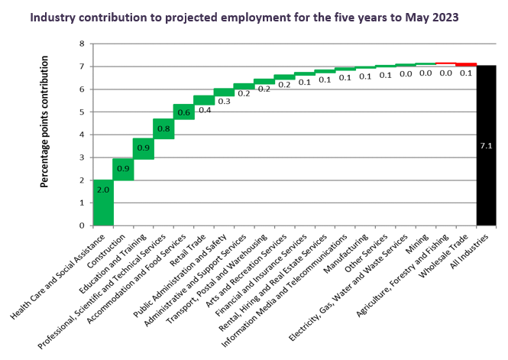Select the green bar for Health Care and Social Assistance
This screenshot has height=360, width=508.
[102, 203]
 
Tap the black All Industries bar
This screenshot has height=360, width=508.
[487, 145]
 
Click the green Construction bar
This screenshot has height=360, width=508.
[123, 169]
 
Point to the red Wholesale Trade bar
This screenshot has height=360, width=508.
[466, 65]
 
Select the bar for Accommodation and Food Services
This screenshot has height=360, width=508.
[183, 112]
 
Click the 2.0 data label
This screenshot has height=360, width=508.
[102, 188]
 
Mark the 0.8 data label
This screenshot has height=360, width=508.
[163, 129]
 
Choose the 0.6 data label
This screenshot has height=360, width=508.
[183, 112]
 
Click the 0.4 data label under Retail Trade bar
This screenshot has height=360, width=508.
[204, 110]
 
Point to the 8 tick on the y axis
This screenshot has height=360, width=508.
[81, 44]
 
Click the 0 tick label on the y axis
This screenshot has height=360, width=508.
[81, 225]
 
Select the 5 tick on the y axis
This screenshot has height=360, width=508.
[81, 112]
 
